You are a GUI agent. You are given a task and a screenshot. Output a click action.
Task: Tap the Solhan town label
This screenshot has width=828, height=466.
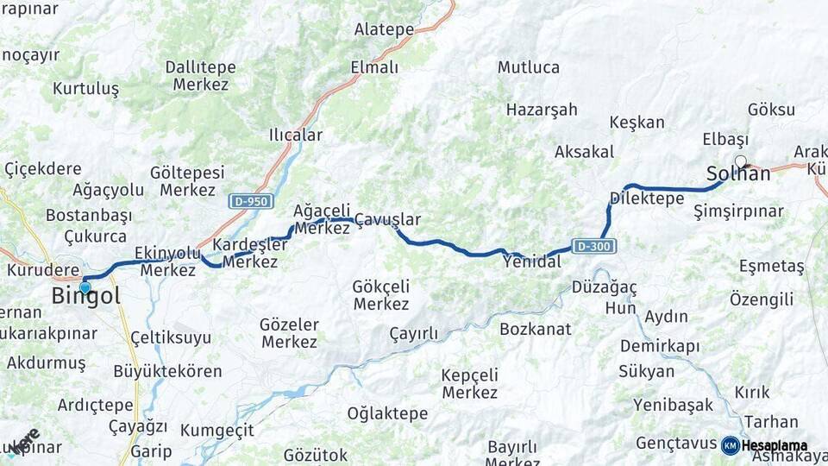pos(738,173)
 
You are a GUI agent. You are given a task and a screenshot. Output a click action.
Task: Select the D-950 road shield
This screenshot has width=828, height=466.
pos(251,201)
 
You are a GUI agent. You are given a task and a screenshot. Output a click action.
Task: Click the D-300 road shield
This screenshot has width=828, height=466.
pos(594,246)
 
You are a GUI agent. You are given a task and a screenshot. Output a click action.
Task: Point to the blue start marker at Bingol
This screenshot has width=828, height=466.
pos(85,287)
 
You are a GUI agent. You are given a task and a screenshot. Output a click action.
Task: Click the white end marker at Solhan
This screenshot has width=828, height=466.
pos(740,161)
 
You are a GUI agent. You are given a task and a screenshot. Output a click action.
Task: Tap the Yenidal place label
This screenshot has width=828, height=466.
pos(531,261)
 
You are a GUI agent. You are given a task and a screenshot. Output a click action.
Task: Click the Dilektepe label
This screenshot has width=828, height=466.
pos(646,198)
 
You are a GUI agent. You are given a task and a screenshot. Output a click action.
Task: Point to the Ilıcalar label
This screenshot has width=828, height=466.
pos(296,135)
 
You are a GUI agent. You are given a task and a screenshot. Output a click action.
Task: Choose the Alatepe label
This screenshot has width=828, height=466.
pos(384,29)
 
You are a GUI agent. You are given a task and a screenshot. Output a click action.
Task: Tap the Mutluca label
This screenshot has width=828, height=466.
pos(529,67)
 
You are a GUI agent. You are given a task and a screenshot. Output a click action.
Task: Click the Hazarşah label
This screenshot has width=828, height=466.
pos(542,110)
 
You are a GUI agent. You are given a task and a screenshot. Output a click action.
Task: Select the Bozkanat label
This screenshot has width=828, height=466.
pos(536,329)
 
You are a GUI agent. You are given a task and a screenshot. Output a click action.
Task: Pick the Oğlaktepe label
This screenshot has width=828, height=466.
pos(387,413)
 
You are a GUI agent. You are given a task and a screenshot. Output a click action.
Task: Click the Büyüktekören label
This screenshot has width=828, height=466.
pos(167,372)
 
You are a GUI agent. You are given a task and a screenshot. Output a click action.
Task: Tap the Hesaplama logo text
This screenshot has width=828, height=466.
pos(774,445)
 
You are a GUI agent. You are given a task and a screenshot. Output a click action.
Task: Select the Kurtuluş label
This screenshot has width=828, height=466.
pos(85,88)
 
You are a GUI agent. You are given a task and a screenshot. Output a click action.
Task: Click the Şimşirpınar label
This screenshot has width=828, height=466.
pos(738,211)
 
